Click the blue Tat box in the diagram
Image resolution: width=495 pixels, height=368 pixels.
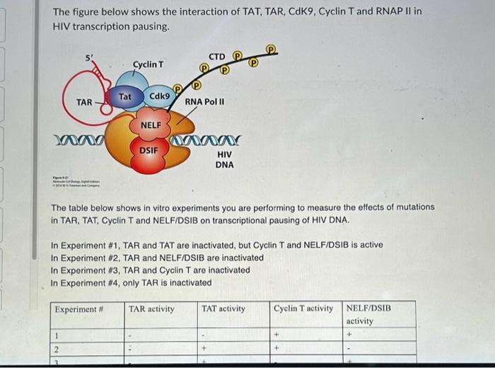[x=125, y=96]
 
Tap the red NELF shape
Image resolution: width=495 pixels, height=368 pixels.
[x=151, y=125]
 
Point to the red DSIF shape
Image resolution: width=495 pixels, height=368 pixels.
[x=148, y=150]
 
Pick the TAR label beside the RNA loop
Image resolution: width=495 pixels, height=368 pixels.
[x=84, y=103]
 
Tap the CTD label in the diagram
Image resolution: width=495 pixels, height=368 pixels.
[x=216, y=56]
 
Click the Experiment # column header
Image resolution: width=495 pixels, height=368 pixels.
[x=80, y=309]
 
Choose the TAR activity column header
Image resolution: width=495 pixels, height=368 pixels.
[x=151, y=309]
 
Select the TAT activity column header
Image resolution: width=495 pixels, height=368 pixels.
[x=223, y=309]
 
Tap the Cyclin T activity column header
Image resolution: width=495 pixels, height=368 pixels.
[x=303, y=309]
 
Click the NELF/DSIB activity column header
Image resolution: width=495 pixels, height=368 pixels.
[x=368, y=314]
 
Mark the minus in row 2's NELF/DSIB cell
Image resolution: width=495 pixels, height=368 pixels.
[x=349, y=349]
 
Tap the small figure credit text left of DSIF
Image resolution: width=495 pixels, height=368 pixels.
[x=76, y=181]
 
